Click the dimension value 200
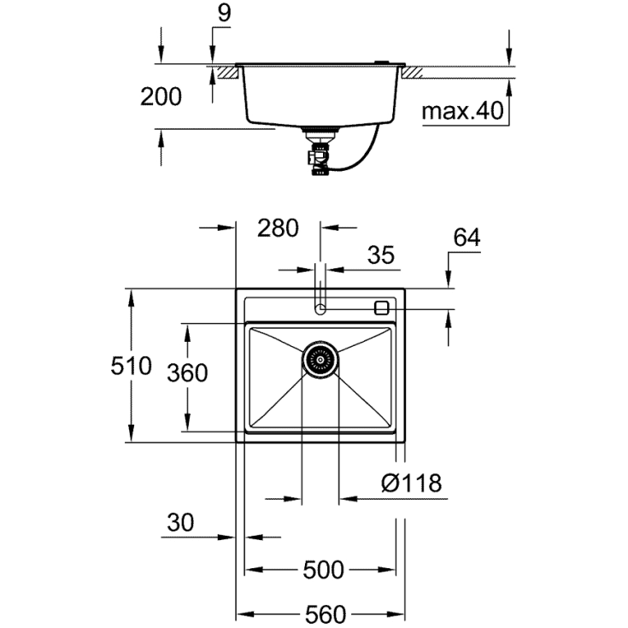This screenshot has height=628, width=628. [161, 97]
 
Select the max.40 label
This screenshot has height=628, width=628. [462, 110]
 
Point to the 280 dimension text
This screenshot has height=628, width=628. [277, 228]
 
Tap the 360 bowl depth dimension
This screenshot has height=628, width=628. [186, 373]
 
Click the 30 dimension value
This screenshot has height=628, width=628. [182, 521]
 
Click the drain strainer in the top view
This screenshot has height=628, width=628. [320, 360]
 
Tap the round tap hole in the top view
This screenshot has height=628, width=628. [320, 308]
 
